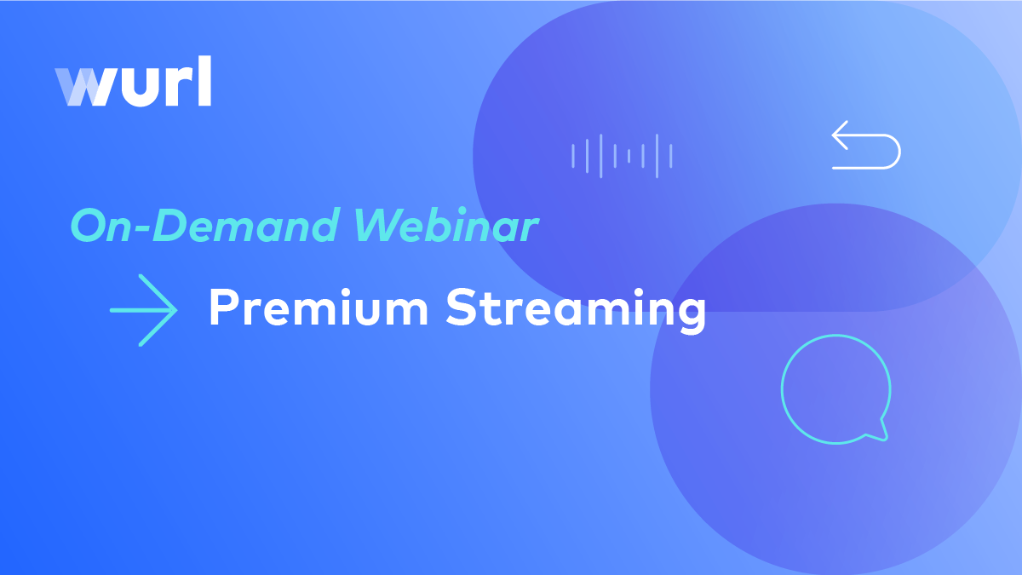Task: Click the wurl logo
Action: coord(133,81)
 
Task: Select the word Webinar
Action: coord(445,225)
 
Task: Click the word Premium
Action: coord(319,308)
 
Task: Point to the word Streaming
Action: coord(576,310)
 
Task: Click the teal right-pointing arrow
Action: coord(144,310)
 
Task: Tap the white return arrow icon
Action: coord(866,145)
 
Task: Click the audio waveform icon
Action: coord(622,156)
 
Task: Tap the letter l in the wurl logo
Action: coord(205,81)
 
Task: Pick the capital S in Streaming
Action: coord(462,307)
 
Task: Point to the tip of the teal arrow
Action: coord(177,310)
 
